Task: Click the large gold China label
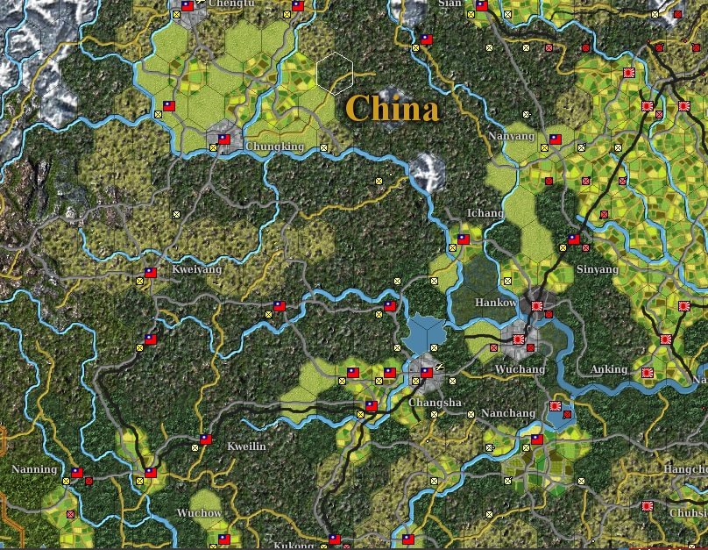click(392, 110)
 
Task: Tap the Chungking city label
click(274, 146)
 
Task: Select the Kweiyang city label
click(197, 269)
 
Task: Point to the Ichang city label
click(485, 213)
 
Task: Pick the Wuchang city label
click(520, 369)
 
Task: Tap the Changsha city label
click(435, 403)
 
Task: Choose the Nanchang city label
click(508, 413)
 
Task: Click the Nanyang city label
click(512, 137)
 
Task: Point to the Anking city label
click(609, 369)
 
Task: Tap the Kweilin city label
click(246, 446)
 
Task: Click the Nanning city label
click(34, 469)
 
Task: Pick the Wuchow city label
click(199, 512)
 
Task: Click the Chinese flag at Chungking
click(223, 139)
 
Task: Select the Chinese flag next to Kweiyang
click(150, 273)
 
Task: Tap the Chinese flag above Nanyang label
click(554, 139)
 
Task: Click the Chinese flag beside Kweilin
click(206, 439)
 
